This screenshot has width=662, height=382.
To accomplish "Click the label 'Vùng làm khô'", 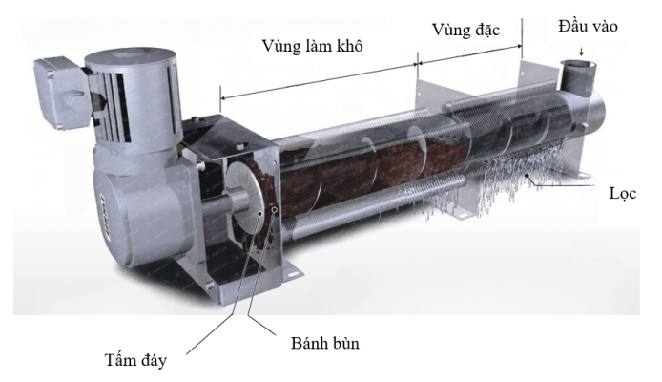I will tap(311, 45).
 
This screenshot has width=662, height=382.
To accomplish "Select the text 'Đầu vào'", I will tap(589, 26).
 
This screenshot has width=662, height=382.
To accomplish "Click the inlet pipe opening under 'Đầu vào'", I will tap(575, 70).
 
